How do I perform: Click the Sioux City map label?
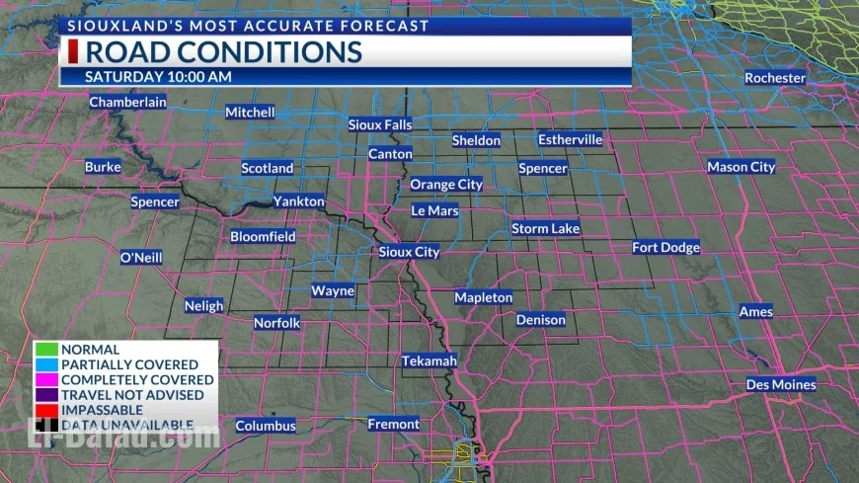coord(409,252)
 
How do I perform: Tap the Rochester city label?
coord(775,78)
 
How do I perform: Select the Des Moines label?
coord(781,384)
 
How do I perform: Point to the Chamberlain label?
coord(127,102)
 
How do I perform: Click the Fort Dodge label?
coord(665,247)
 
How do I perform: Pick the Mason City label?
coord(741,167)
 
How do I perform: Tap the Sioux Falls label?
coord(380,124)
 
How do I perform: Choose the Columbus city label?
coord(266,426)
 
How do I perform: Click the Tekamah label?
coord(429,361)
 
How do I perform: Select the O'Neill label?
coord(140,257)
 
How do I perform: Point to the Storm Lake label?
coord(545,228)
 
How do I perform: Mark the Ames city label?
coord(755,312)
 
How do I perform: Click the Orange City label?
coord(446,184)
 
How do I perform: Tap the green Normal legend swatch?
coord(46,350)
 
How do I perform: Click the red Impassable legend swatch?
coord(46,410)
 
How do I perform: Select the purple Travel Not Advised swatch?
coord(46,395)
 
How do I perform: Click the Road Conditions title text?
coord(223,51)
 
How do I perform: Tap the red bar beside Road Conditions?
coord(72,51)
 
